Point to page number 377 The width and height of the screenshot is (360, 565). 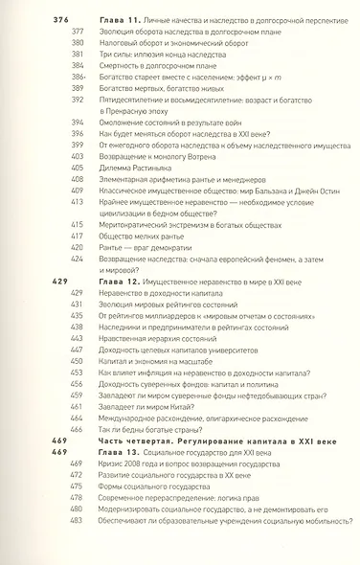tap(79, 31)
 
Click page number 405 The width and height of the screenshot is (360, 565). tap(79, 166)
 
